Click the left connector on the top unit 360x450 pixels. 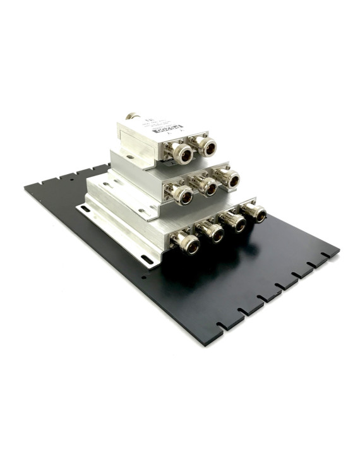[x=183, y=153]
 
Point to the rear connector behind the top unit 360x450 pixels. [x=133, y=116]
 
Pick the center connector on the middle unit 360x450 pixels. [x=207, y=187]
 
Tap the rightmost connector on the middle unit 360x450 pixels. [x=229, y=179]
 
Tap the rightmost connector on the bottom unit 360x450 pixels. [x=256, y=213]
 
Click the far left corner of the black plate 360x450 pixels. [x=25, y=187]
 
